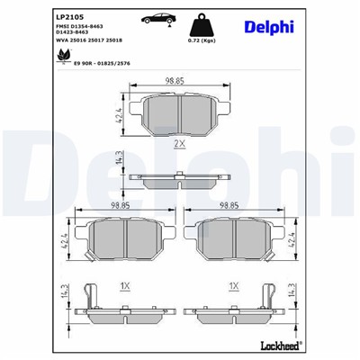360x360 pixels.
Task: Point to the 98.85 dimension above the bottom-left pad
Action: [114, 205]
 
